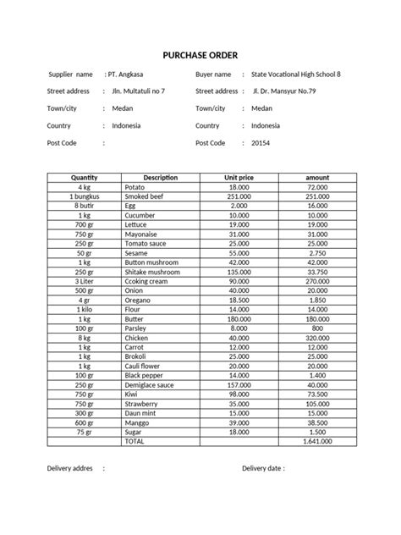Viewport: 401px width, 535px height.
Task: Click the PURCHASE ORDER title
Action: [x=200, y=55]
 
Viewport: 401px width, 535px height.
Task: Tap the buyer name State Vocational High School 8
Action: [x=296, y=74]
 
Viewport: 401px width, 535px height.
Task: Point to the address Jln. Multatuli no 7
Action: [x=139, y=91]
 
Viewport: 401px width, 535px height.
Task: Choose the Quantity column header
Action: [x=85, y=177]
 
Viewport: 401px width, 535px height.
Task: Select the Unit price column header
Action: [x=238, y=177]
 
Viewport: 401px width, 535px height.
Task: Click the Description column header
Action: [x=161, y=177]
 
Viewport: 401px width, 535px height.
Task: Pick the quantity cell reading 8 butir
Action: [x=85, y=205]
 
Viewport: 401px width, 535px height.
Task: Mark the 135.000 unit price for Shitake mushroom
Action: [x=238, y=272]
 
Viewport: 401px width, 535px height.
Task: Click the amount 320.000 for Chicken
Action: [x=317, y=337]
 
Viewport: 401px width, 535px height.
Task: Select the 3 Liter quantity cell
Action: [x=85, y=281]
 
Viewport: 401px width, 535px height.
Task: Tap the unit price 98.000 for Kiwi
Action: [x=238, y=394]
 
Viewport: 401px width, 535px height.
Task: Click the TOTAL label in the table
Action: [x=135, y=441]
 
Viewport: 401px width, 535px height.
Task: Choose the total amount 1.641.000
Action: [x=316, y=441]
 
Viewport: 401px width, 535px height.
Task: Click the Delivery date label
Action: [x=263, y=466]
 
